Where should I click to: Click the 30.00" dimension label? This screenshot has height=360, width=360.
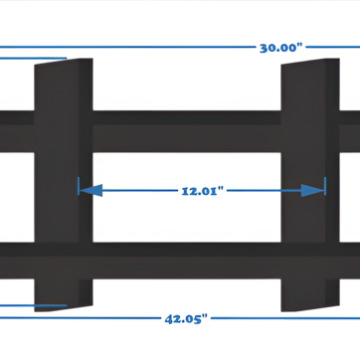pyautogui.click(x=281, y=47)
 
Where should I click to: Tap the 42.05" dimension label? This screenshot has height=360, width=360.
pyautogui.click(x=186, y=318)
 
